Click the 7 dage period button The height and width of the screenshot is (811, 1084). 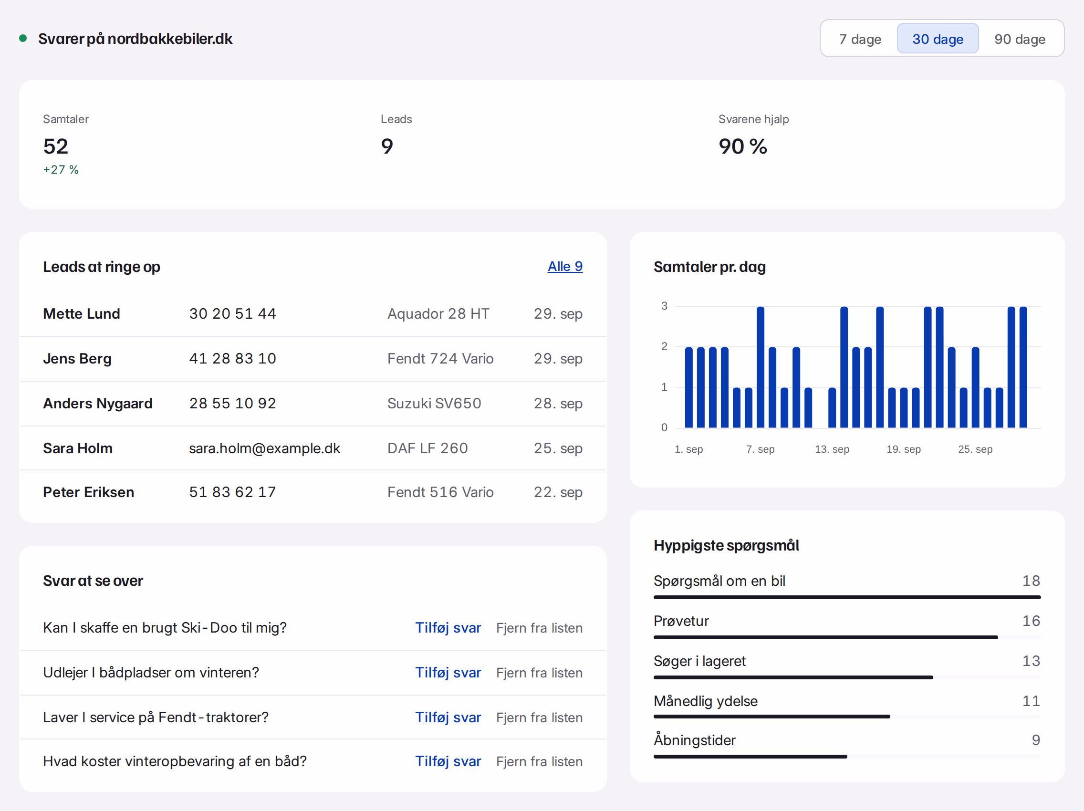coord(860,39)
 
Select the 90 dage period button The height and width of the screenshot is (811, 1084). coord(1019,39)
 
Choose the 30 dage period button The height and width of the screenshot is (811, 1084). coord(938,39)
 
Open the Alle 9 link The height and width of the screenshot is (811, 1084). coord(565,267)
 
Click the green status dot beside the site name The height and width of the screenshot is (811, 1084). coord(22,38)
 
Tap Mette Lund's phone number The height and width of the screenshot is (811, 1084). coord(233,313)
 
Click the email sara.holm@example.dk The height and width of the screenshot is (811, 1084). coord(265,448)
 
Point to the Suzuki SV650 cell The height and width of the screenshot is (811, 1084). coord(434,403)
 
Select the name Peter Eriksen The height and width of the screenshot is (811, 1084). coord(89,492)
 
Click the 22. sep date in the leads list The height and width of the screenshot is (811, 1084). coord(558,492)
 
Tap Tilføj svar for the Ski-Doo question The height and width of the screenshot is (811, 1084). coord(448,628)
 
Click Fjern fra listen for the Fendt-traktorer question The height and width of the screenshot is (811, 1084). coord(539,717)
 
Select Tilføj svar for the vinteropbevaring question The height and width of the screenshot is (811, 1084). coord(448,761)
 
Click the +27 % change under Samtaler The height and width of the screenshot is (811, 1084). coord(61,169)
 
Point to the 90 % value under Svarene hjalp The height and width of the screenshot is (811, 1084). coord(743,146)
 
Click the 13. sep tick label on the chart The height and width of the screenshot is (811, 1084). coord(832,449)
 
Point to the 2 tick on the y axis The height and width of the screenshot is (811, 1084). coord(665,346)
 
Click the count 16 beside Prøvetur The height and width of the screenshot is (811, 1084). coord(1031,621)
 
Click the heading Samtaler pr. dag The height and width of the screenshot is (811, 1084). coord(709,267)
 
